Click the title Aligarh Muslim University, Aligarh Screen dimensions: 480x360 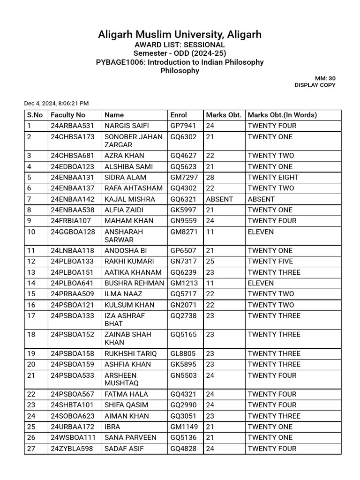[180, 34]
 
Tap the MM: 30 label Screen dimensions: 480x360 [326, 78]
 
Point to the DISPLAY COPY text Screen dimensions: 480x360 [315, 85]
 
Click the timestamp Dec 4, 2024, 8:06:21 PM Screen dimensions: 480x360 [56, 103]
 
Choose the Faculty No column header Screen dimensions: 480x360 [68, 115]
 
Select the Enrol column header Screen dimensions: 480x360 [179, 115]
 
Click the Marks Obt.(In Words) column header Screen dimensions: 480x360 [282, 115]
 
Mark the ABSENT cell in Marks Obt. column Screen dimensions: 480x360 [219, 199]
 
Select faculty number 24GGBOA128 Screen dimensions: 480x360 [73, 232]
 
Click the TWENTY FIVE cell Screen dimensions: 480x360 [270, 261]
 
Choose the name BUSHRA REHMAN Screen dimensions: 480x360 [134, 283]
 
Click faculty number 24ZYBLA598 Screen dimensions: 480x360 [72, 449]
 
